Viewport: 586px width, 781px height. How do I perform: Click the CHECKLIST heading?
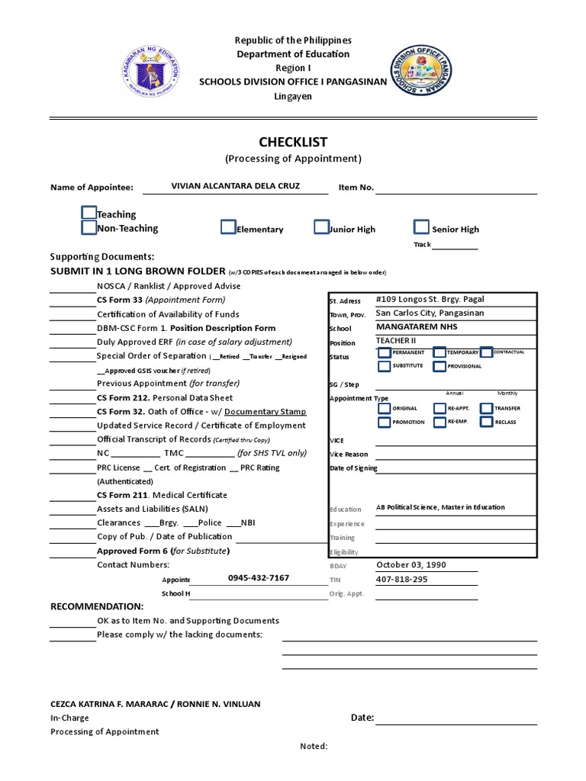pos(293,142)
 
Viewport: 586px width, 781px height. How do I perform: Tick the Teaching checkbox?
pos(89,213)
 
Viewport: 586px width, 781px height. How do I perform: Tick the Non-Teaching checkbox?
pos(89,227)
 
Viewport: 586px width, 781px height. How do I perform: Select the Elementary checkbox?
pos(228,227)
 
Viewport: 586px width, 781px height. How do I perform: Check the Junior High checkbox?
pos(321,227)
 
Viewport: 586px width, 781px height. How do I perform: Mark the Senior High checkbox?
pos(421,227)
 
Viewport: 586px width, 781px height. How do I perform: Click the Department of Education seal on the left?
pos(152,72)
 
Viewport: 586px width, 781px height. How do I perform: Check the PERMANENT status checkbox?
pos(384,352)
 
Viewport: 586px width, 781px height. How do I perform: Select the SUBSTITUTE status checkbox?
pos(384,366)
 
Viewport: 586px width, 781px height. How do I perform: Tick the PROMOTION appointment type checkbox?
pos(384,422)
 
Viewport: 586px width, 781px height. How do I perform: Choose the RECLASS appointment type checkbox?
pos(486,422)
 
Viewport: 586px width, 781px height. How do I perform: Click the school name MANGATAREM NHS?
pos(417,327)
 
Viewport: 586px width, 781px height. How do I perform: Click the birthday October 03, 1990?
pos(411,565)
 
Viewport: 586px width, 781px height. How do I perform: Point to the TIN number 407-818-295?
pos(401,580)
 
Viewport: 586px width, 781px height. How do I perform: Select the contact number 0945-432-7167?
pos(259,578)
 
